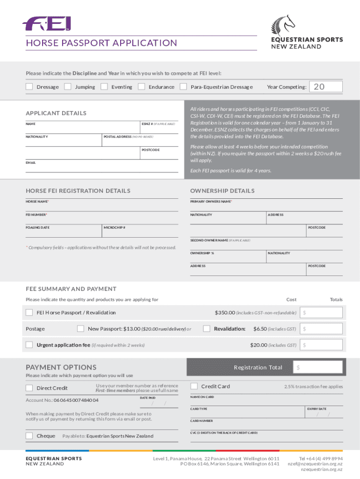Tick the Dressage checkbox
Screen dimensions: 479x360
click(x=29, y=87)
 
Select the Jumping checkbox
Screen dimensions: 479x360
click(x=68, y=87)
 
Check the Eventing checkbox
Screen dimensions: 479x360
click(x=104, y=87)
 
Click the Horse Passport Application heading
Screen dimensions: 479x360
click(x=101, y=43)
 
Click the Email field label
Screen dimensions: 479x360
click(x=30, y=163)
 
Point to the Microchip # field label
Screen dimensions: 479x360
click(x=114, y=227)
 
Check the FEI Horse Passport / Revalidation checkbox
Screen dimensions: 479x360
click(x=29, y=312)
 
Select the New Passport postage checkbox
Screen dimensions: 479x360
click(x=81, y=328)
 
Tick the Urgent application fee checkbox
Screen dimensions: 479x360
click(x=29, y=345)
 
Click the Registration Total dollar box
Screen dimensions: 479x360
click(x=318, y=367)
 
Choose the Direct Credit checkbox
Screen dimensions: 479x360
click(x=29, y=388)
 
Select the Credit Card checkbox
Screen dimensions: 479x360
click(x=194, y=386)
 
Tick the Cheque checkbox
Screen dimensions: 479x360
click(x=29, y=436)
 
